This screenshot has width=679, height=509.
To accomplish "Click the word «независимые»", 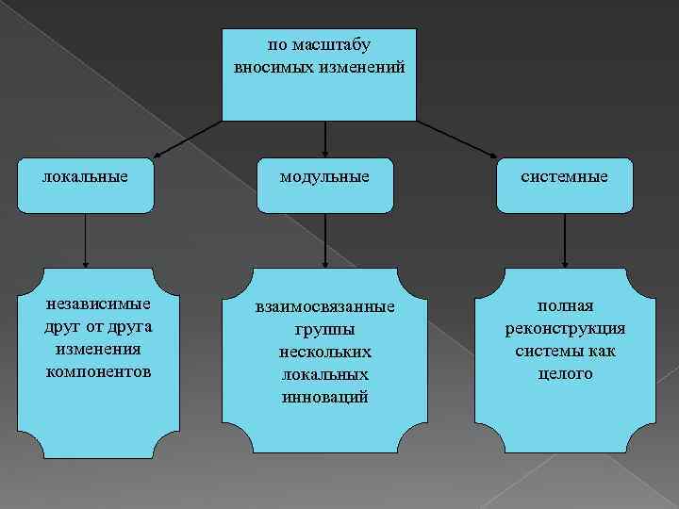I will [99, 305].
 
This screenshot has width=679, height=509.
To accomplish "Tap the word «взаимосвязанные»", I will [325, 308].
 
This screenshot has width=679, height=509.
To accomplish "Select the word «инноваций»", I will [325, 396].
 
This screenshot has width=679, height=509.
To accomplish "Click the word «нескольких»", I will [325, 352].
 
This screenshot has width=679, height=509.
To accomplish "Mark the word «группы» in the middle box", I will [325, 330].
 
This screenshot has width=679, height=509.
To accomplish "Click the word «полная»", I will [566, 307].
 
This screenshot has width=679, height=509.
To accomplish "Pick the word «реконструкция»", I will [566, 329].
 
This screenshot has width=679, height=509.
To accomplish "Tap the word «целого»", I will [566, 373].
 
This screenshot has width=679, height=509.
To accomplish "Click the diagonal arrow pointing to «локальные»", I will [189, 139].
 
